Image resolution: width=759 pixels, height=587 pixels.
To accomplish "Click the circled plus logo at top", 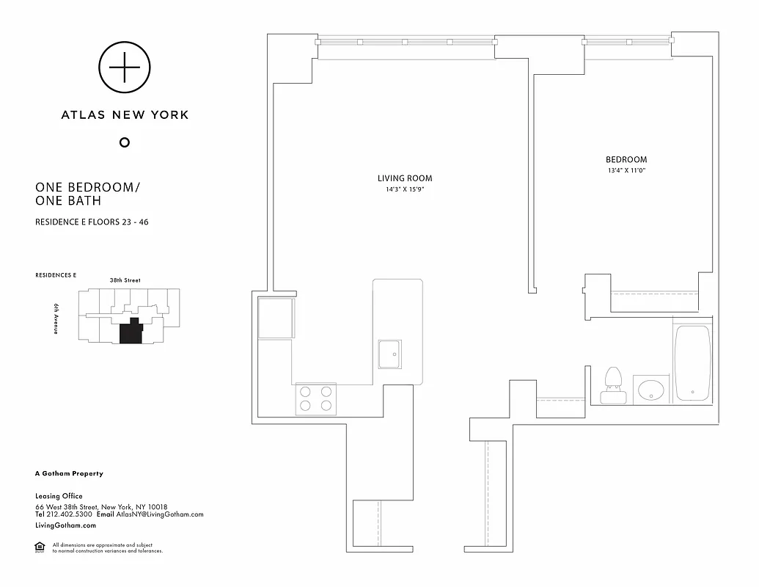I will (x=125, y=68).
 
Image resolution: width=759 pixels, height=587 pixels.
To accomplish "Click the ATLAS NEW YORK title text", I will (x=125, y=114).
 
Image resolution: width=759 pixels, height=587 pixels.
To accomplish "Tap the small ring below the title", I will (x=125, y=142).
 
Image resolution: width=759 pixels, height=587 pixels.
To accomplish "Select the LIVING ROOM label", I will (x=405, y=178).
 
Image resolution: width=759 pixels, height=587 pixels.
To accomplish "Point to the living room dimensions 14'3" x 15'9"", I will (x=405, y=189).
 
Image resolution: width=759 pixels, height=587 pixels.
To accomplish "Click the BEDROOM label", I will (x=626, y=160).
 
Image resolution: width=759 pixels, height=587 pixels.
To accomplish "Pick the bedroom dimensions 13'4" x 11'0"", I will (x=626, y=170).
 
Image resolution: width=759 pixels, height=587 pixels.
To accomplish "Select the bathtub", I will (x=693, y=363).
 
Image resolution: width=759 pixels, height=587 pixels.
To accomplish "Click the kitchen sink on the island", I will (x=389, y=354).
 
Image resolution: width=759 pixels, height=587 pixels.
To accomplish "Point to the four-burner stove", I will (x=316, y=398).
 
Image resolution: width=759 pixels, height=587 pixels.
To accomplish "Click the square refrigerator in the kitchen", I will (x=276, y=318).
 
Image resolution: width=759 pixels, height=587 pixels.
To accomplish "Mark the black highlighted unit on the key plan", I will (x=131, y=332).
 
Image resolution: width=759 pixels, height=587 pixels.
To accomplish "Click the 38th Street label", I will (x=125, y=280).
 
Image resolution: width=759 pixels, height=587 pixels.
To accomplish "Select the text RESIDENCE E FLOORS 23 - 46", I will (x=92, y=222).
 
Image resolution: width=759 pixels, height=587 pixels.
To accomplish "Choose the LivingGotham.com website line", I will (x=65, y=525).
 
